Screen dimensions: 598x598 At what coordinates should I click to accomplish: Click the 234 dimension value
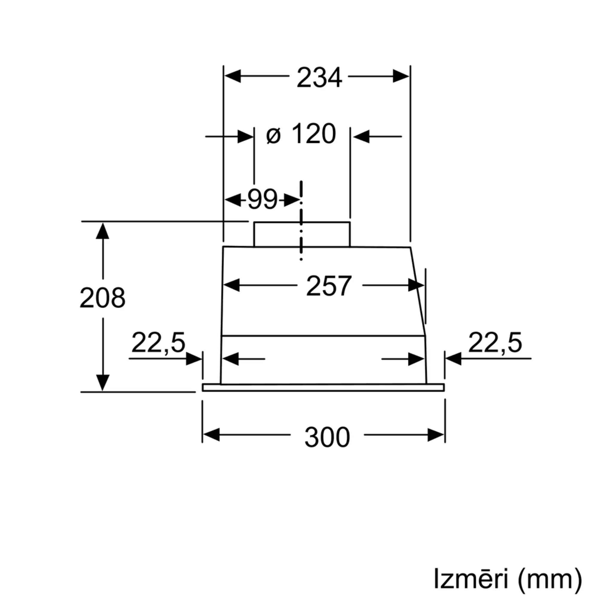point(319,77)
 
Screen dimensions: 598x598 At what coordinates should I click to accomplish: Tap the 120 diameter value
point(314,134)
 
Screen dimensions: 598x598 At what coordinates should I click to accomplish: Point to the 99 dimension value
point(263,199)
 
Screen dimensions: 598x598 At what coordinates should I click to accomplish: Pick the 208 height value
point(103,298)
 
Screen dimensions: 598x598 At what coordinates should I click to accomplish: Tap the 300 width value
point(327,437)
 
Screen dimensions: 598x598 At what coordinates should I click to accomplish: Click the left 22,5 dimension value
point(158,343)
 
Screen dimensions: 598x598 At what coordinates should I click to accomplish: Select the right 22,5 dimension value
point(495,343)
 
